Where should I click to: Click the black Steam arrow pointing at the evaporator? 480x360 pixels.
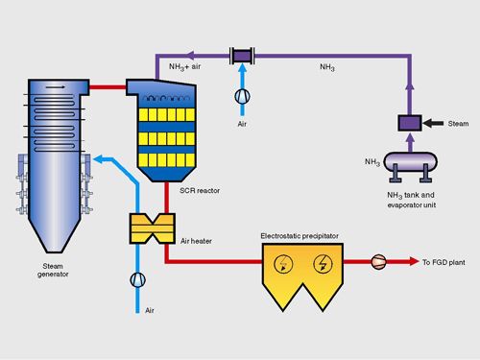pos(433,123)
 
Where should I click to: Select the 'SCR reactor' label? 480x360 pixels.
pos(200,191)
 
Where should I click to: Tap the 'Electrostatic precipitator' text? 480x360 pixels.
pos(300,236)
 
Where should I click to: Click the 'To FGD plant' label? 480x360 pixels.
pos(444,262)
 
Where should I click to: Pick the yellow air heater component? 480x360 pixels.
pos(153,228)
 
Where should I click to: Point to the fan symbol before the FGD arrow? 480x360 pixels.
pos(378,262)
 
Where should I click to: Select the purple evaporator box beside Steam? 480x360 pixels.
pos(410,123)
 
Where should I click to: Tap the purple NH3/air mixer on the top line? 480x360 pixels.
pos(242,57)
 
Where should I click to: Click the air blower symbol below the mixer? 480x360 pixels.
pos(242,96)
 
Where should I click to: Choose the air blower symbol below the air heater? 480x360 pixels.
pos(138,280)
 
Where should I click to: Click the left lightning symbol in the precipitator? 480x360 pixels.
pos(283,264)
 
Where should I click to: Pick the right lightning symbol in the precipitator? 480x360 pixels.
pos(323,264)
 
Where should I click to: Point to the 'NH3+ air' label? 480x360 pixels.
pos(185,67)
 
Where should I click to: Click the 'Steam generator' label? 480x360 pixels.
pos(53,270)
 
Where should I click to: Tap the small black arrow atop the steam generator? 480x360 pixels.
pos(56,86)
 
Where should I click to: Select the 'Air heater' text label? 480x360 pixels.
pos(196,241)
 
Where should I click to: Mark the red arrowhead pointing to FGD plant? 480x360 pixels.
pos(414,262)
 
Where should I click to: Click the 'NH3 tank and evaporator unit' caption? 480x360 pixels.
pos(411,200)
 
